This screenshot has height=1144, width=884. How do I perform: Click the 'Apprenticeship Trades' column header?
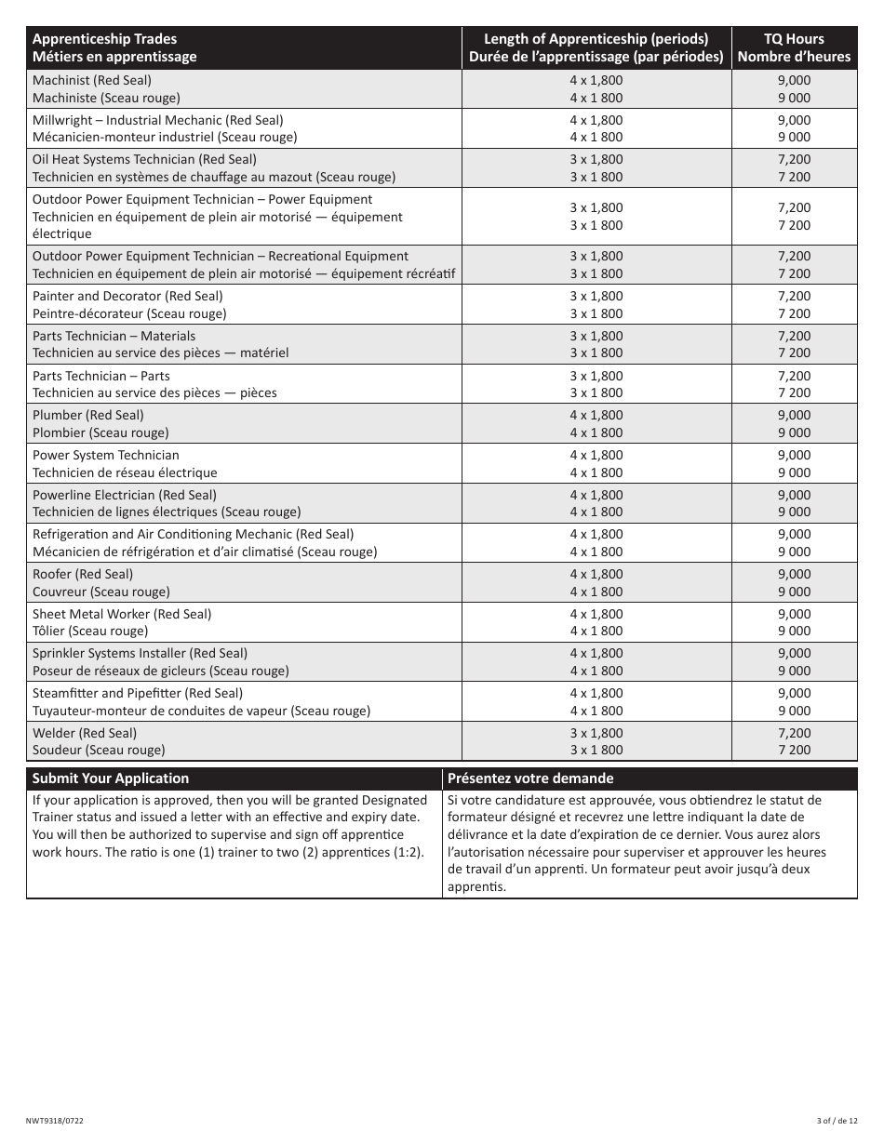[x=104, y=39]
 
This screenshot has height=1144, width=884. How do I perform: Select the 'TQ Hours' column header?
[x=794, y=39]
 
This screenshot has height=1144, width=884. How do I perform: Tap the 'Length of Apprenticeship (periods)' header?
[x=596, y=39]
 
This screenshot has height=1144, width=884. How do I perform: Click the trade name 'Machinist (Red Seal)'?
[x=92, y=80]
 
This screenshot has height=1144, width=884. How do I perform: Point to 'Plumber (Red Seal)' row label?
[x=88, y=415]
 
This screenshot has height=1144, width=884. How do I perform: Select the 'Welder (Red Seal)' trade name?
[x=85, y=733]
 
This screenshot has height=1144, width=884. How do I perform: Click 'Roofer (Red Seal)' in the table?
[x=83, y=574]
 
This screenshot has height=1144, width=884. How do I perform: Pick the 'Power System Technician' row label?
[x=106, y=455]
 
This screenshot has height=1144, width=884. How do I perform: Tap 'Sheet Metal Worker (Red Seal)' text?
[x=122, y=614]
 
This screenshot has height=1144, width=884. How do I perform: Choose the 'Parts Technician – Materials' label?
[x=114, y=336]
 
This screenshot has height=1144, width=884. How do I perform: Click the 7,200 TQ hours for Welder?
[x=794, y=733]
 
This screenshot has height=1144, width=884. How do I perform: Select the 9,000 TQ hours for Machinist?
[x=794, y=80]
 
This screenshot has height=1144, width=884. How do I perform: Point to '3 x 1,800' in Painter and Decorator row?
[x=596, y=296]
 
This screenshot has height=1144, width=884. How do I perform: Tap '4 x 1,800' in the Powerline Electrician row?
[x=596, y=495]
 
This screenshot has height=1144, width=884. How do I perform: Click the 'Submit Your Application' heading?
[x=111, y=778]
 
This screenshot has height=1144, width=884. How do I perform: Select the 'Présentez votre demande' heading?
[x=530, y=778]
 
